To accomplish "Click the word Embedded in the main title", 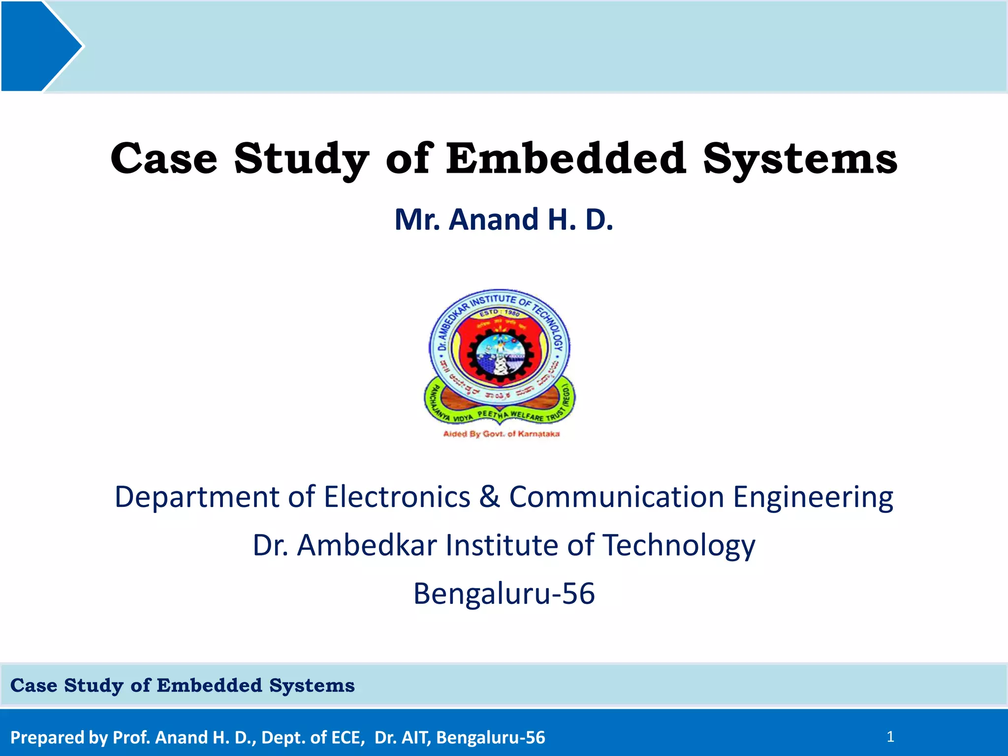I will pyautogui.click(x=566, y=158).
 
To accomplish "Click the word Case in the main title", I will pyautogui.click(x=164, y=158).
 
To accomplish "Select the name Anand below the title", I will pyautogui.click(x=494, y=220).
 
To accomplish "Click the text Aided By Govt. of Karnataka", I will pyautogui.click(x=501, y=434).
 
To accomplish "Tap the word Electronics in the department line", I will pyautogui.click(x=397, y=497).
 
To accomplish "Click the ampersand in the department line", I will pyautogui.click(x=489, y=497).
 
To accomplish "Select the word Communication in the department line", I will pyautogui.click(x=616, y=497).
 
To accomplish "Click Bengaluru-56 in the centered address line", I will pyautogui.click(x=504, y=594).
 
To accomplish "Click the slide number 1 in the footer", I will pyautogui.click(x=890, y=737).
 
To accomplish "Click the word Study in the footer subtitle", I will pyautogui.click(x=94, y=686).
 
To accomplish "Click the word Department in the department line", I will pyautogui.click(x=197, y=498).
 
